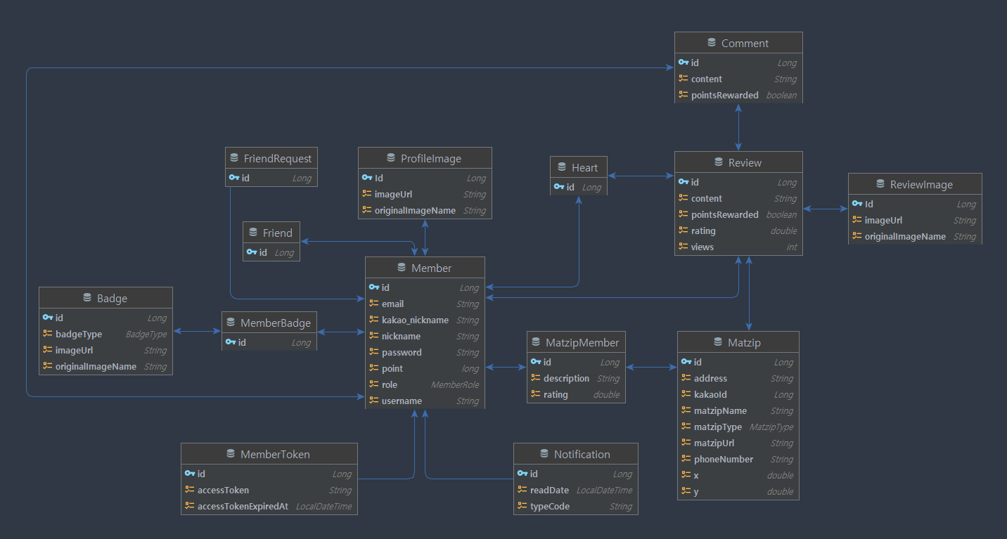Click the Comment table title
tap(745, 43)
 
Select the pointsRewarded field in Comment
tap(724, 95)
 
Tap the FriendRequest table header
tap(277, 158)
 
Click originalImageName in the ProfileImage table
tap(415, 210)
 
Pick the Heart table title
tap(584, 167)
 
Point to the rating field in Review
tap(703, 230)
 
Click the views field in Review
tap(702, 247)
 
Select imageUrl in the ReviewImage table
tap(883, 220)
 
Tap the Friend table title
tap(277, 233)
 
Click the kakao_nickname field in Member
tap(415, 320)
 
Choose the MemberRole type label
tap(455, 384)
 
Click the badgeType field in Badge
tap(79, 334)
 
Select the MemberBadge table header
tap(275, 323)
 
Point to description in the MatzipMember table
tap(566, 378)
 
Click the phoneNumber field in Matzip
tap(723, 459)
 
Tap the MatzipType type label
tap(771, 427)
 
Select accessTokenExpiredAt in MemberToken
tap(243, 506)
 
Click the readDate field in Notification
tap(549, 490)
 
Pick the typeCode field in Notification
tap(550, 506)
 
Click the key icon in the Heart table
tap(559, 187)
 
